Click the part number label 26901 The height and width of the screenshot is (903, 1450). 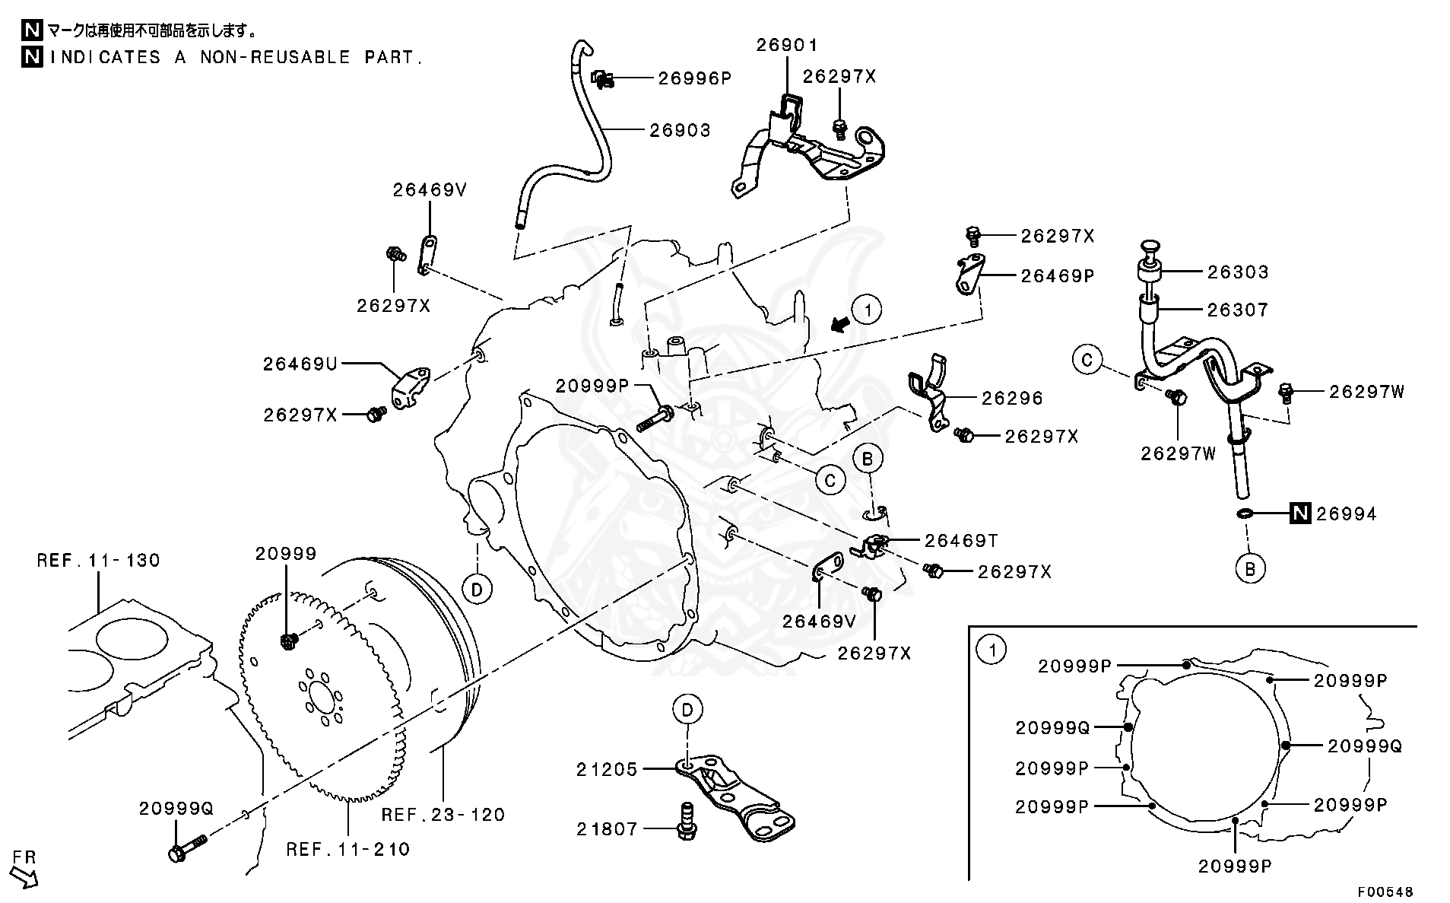(x=787, y=45)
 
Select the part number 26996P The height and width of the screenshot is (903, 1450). (x=694, y=78)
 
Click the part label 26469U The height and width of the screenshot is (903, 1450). (x=300, y=364)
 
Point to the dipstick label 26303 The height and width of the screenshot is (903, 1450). (x=1237, y=272)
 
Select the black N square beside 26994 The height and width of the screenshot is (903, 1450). (x=1301, y=514)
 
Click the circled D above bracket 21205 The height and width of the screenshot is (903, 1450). (x=687, y=710)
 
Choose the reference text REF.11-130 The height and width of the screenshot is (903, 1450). (x=98, y=561)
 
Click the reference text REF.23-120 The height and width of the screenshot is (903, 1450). (x=443, y=815)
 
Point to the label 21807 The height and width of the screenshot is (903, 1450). (x=607, y=828)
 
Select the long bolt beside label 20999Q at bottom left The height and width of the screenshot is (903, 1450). (x=186, y=847)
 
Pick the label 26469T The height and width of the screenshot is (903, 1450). (x=961, y=540)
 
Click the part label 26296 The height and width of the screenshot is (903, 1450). (x=1012, y=398)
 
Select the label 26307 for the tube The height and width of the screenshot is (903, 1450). (x=1237, y=310)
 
